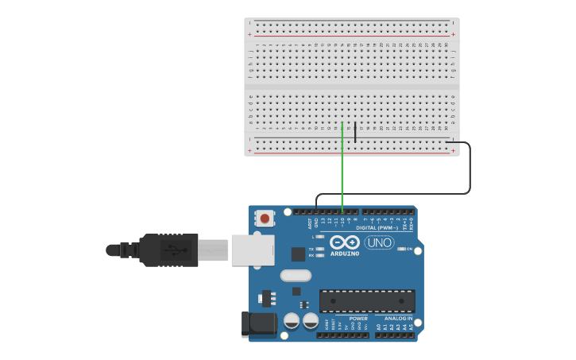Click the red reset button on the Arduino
[x=265, y=217]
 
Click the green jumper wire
[x=342, y=167]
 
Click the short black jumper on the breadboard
[x=355, y=133]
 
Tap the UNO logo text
[x=379, y=242]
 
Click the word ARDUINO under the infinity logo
[x=345, y=254]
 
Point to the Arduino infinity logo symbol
[x=345, y=242]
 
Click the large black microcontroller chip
[x=367, y=301]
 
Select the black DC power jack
[x=259, y=323]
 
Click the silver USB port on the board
[x=253, y=250]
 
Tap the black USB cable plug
[x=168, y=250]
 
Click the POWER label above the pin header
[x=358, y=319]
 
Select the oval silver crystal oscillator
[x=296, y=276]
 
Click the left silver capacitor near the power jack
[x=292, y=320]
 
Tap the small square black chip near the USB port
[x=298, y=254]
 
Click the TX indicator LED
[x=319, y=249]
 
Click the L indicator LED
[x=319, y=237]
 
